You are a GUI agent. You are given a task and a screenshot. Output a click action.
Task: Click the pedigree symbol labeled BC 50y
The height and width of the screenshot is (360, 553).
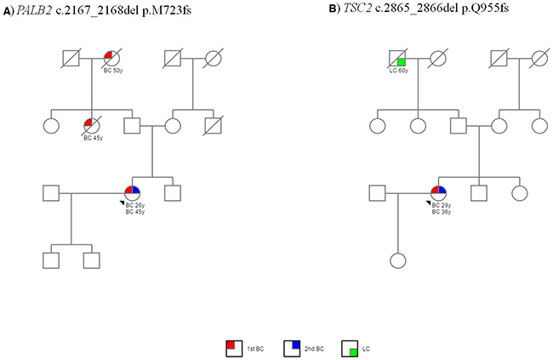pos(111,58)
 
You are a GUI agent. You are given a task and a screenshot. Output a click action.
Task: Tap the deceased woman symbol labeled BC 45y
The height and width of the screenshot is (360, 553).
pos(91,127)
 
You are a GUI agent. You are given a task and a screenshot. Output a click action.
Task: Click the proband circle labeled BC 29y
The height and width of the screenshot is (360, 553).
pos(439,193)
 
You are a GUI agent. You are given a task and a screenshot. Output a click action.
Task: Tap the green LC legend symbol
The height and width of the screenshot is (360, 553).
pos(350,347)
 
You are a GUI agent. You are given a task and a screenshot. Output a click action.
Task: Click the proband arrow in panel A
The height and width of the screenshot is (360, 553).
pos(120,203)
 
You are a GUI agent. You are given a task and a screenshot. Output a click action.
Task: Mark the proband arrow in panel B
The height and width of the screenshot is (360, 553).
pos(427,203)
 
